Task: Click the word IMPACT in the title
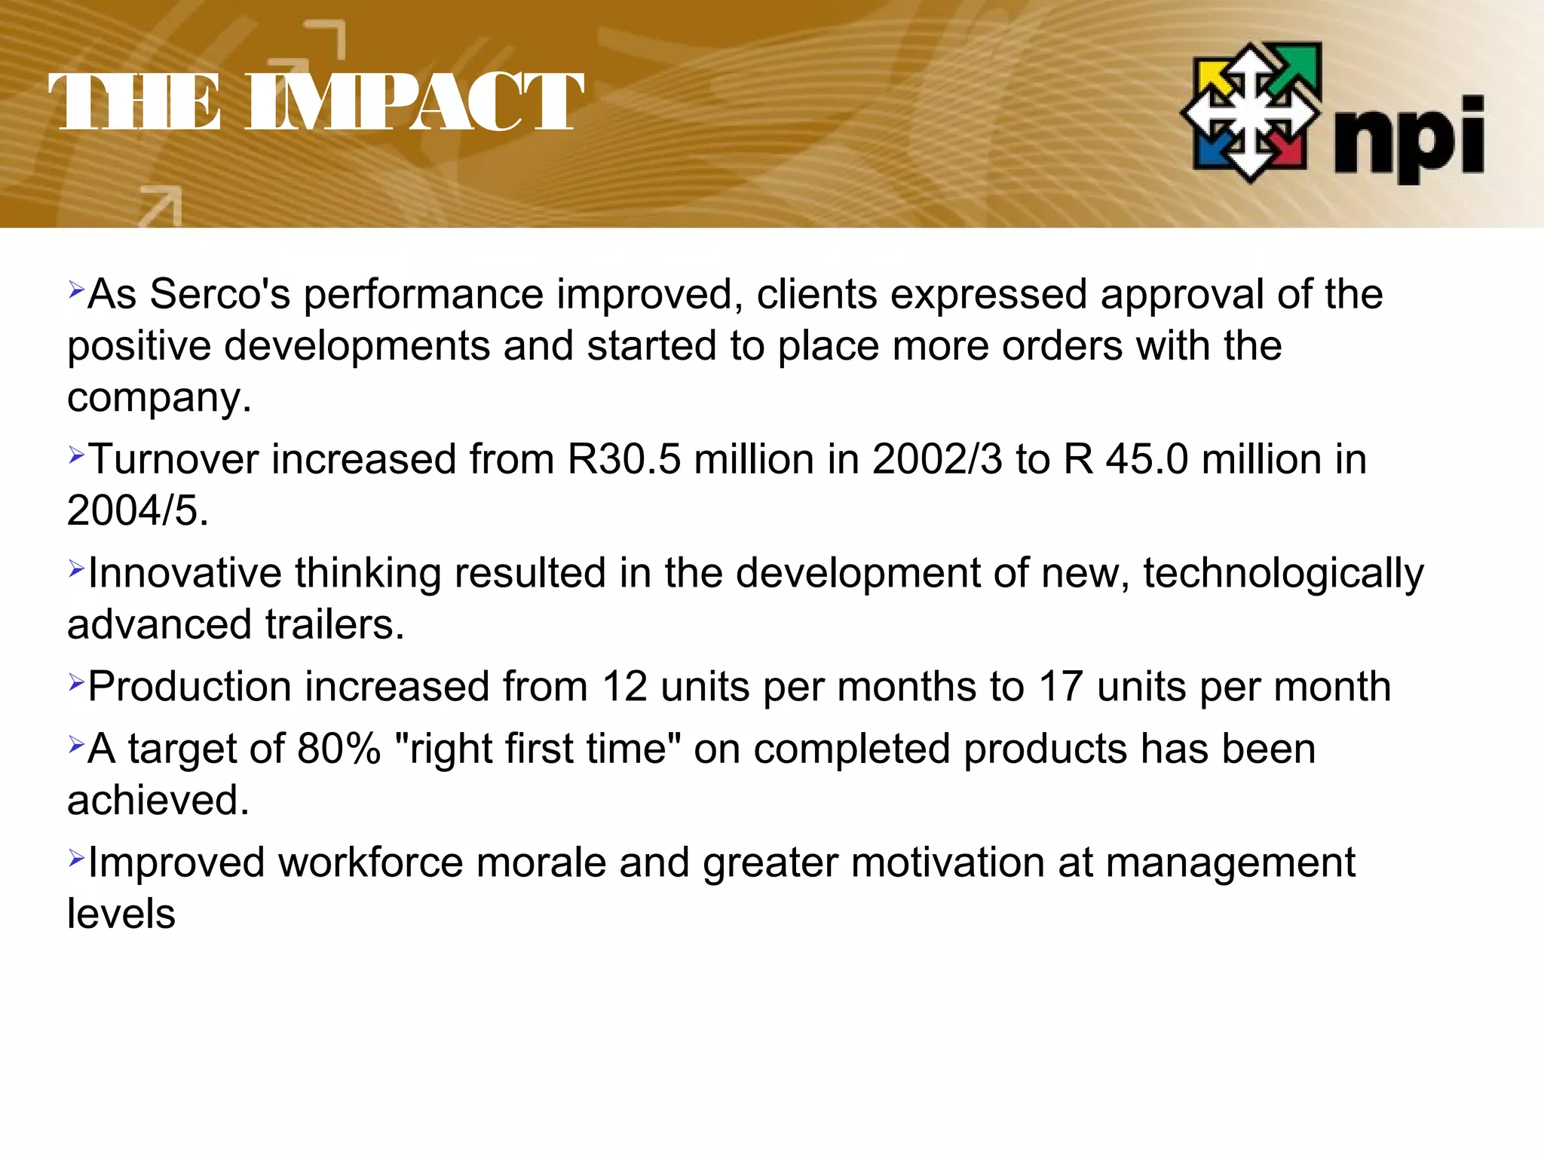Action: [x=415, y=102]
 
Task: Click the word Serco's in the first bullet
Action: [x=220, y=294]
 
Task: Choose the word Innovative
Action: [x=185, y=573]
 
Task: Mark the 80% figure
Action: [x=339, y=749]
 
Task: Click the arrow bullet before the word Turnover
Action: [x=76, y=455]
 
